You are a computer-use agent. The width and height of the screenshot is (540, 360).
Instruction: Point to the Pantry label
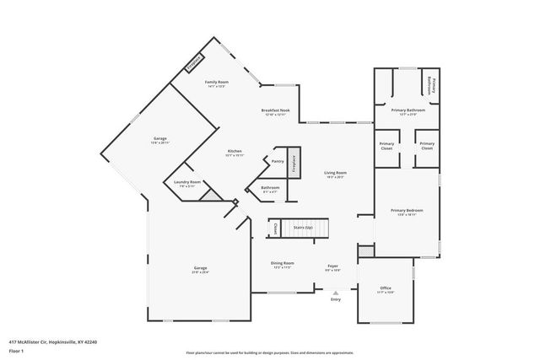pyautogui.click(x=276, y=160)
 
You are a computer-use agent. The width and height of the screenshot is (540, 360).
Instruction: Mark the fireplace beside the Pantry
pyautogui.click(x=294, y=164)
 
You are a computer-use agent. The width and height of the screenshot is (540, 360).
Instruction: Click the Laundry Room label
pyautogui.click(x=187, y=182)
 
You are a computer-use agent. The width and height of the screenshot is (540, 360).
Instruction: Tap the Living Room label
pyautogui.click(x=335, y=173)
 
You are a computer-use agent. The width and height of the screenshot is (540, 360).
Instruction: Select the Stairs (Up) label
pyautogui.click(x=302, y=228)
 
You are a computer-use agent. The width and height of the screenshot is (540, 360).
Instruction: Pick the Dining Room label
pyautogui.click(x=283, y=264)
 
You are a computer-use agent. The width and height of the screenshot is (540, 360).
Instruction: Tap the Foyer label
pyautogui.click(x=332, y=266)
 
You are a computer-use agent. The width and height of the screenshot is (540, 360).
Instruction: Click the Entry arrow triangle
pyautogui.click(x=335, y=292)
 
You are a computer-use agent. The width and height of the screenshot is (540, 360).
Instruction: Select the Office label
pyautogui.click(x=386, y=289)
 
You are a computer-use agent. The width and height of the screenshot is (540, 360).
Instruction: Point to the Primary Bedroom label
pyautogui.click(x=407, y=211)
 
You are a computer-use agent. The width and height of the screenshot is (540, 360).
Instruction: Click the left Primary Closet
pyautogui.click(x=386, y=145)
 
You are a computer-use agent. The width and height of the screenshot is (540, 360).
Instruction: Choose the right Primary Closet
pyautogui.click(x=427, y=145)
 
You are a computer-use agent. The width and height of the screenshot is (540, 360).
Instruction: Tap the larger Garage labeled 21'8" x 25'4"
pyautogui.click(x=200, y=270)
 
